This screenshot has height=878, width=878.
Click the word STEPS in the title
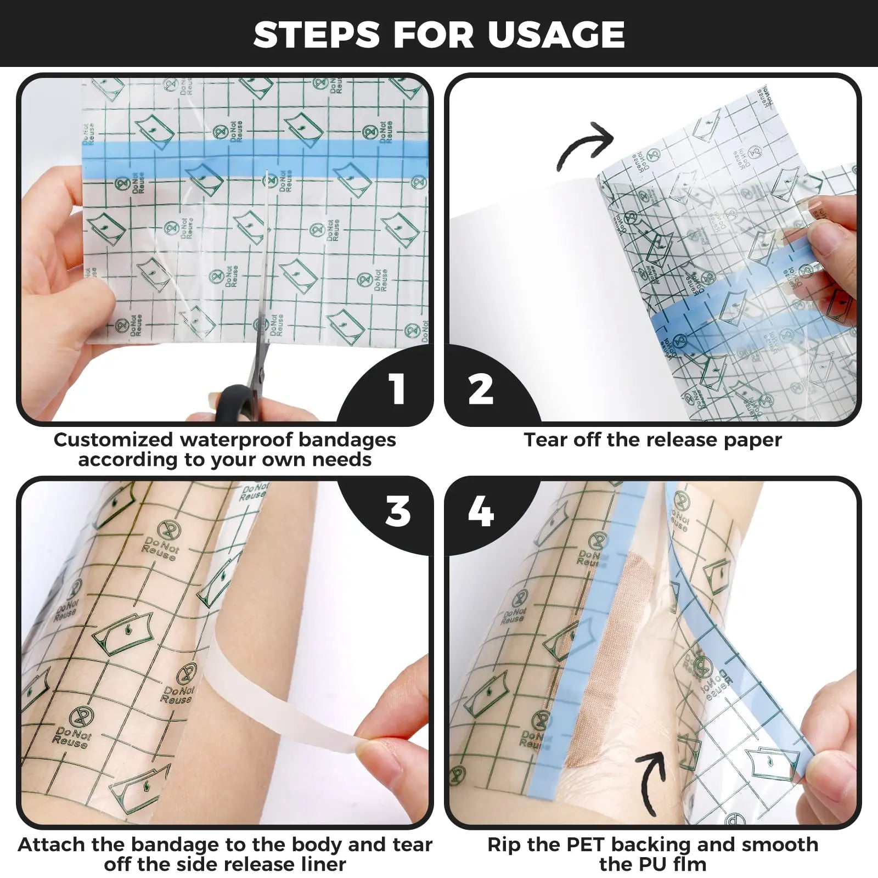(317, 34)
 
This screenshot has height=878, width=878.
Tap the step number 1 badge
(397, 389)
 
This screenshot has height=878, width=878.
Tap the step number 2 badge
(481, 389)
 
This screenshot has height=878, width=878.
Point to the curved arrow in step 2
(584, 145)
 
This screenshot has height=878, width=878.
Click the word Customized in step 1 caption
(112, 440)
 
